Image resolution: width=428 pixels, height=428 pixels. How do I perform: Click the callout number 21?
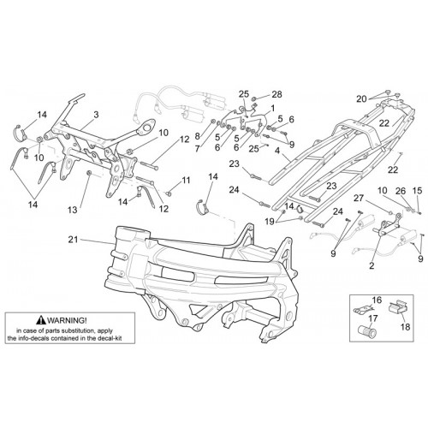73,240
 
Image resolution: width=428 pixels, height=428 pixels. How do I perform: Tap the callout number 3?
96,115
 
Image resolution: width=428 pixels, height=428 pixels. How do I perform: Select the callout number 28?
276,94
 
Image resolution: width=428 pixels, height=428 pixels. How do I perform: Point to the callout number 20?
361,99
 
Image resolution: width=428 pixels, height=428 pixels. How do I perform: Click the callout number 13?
73,210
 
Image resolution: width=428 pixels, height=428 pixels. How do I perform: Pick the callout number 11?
186,181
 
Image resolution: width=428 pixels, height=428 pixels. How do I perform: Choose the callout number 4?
277,151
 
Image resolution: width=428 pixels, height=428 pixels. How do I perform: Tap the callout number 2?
372,265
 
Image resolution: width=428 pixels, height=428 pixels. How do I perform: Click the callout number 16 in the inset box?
377,300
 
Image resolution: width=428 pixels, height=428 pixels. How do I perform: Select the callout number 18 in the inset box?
405,326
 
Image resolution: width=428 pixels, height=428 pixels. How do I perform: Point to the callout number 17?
373,318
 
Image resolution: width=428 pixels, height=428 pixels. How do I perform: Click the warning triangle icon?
41,320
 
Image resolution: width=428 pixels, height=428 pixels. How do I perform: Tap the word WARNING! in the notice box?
68,320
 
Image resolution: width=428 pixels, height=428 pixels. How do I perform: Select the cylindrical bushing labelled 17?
367,331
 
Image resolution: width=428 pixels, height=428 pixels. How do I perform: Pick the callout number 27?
360,198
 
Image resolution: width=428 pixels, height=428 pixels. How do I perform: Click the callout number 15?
418,191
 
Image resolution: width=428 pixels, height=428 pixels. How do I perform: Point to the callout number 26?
401,191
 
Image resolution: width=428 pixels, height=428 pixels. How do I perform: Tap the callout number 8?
198,136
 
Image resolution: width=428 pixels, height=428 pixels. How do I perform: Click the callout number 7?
198,149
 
